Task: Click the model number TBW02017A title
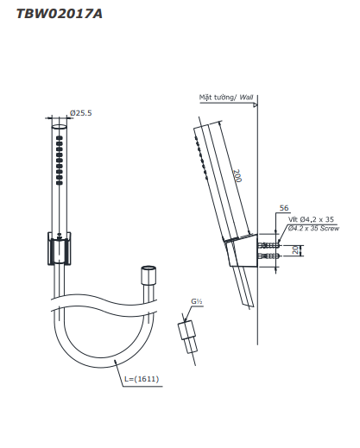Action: pos(60,14)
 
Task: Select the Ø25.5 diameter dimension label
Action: pos(81,113)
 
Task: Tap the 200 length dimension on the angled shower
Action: pos(237,176)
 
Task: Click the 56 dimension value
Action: pos(284,208)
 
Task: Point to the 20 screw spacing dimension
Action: pos(296,250)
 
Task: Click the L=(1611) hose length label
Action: pos(142,379)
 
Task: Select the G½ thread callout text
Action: pos(197,301)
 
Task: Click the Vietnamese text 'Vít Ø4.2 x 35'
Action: pos(311,219)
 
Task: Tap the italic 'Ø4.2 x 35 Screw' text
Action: pos(313,228)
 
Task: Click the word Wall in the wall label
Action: pos(246,98)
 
